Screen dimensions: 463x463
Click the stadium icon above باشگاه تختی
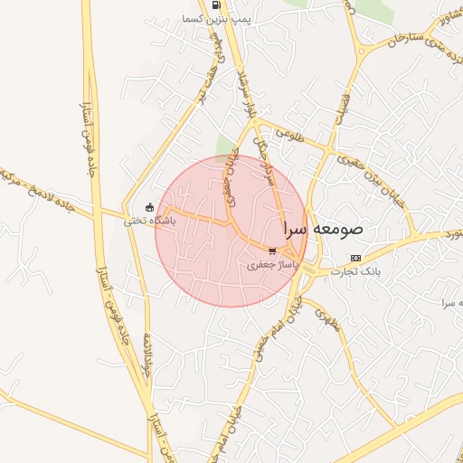click(x=149, y=207)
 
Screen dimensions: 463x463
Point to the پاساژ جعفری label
click(x=272, y=266)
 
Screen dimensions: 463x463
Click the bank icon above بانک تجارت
click(x=355, y=257)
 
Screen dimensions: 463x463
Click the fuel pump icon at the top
click(x=215, y=5)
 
